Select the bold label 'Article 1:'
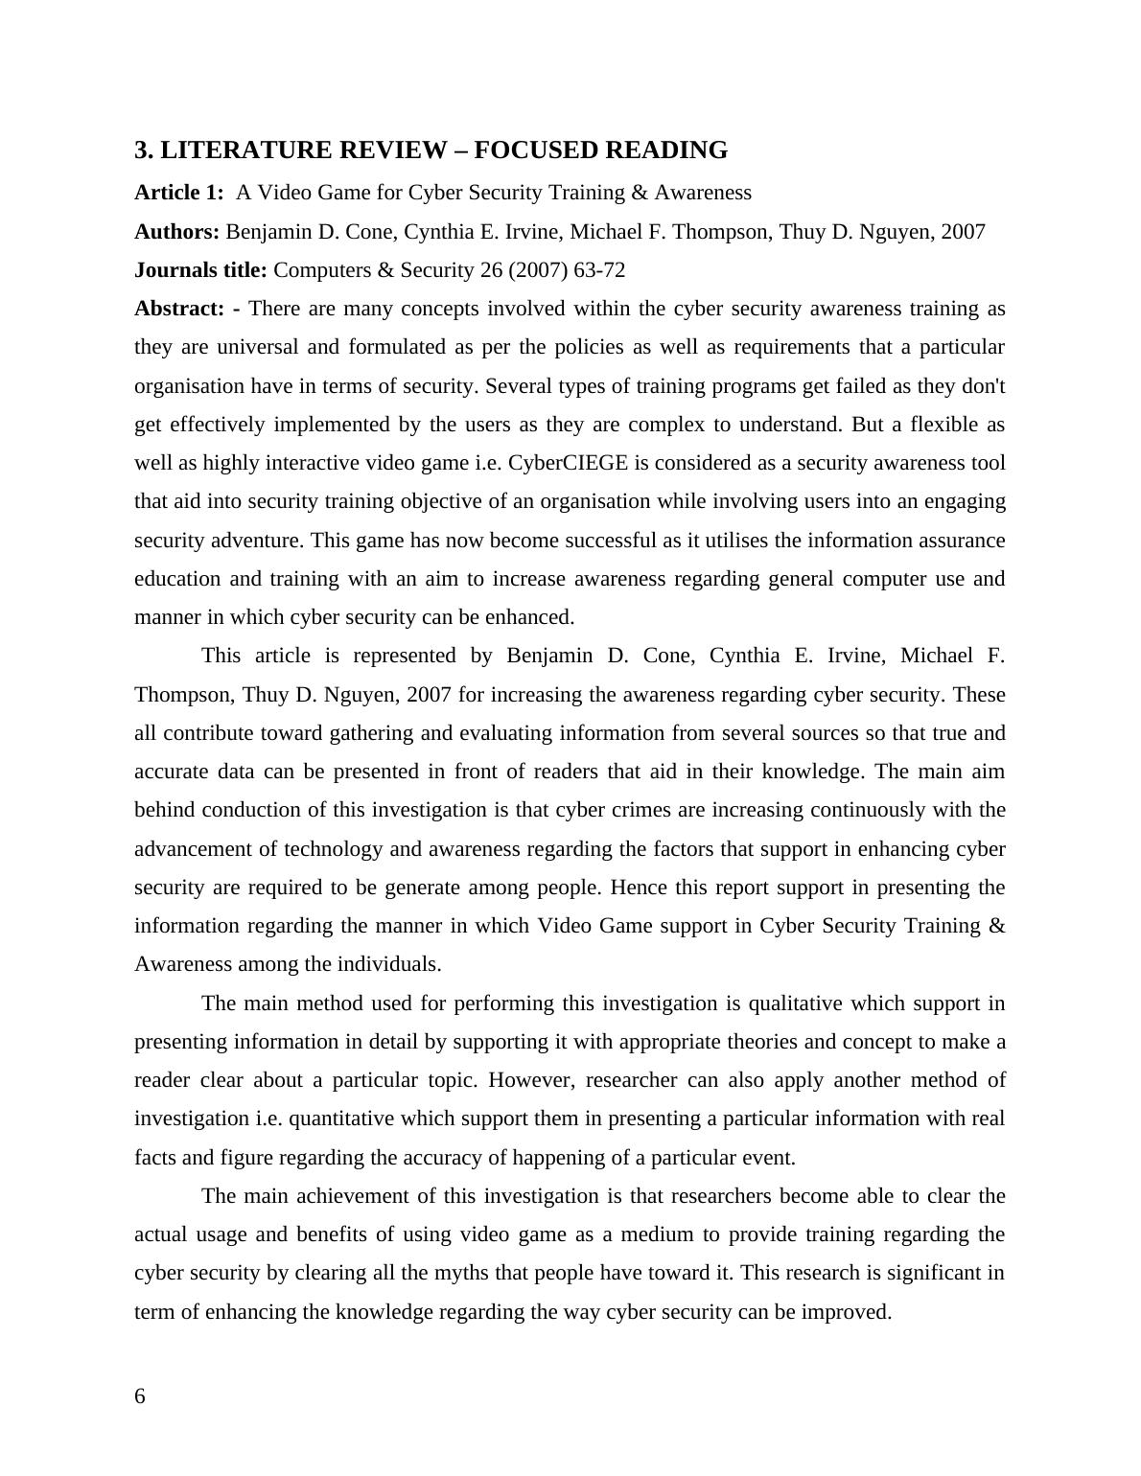(178, 193)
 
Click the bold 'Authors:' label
(176, 232)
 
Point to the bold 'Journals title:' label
(200, 270)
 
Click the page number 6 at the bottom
(140, 1396)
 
